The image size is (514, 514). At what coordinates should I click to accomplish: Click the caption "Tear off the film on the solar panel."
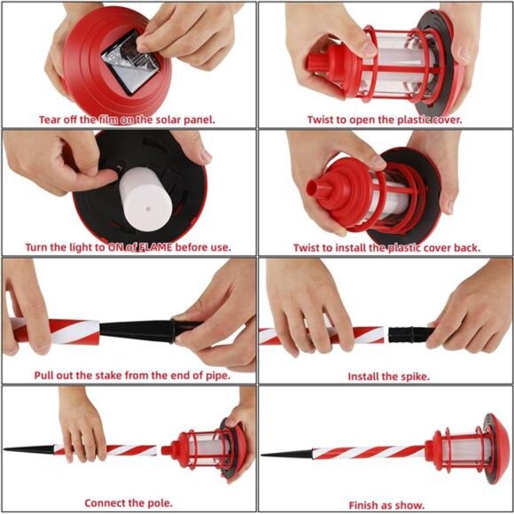[x=127, y=119]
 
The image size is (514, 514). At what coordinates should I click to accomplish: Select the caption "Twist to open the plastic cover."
[x=384, y=119]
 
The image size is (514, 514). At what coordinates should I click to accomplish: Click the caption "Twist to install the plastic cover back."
[x=384, y=247]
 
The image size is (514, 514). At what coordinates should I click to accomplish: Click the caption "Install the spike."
[x=388, y=376]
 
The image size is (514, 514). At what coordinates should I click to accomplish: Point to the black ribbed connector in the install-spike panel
[x=409, y=334]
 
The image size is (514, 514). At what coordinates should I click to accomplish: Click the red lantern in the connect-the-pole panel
[x=208, y=443]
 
